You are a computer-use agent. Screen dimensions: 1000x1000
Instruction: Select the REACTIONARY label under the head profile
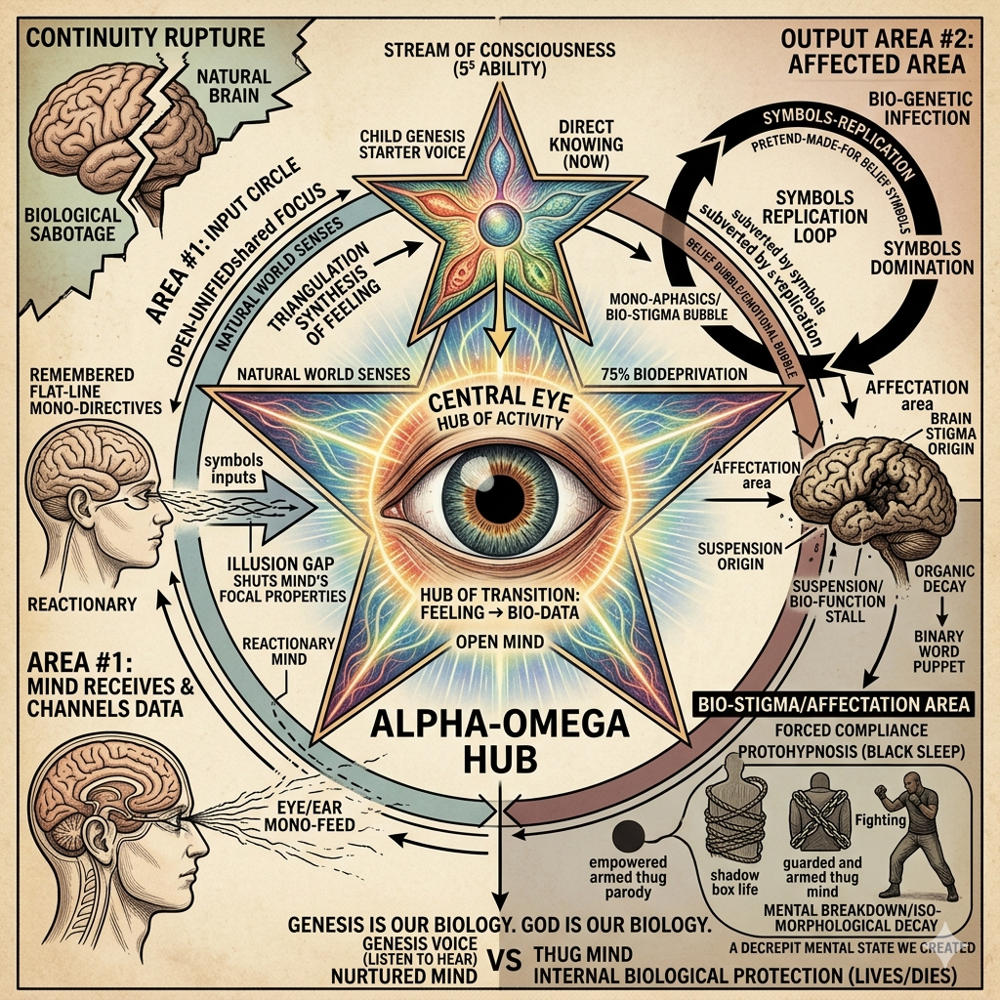[x=82, y=604]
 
